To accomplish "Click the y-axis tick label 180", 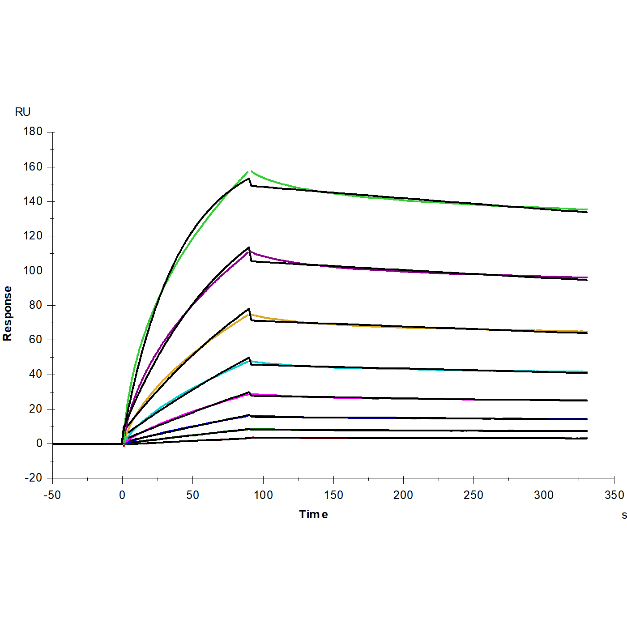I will pos(33,132).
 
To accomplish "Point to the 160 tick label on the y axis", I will pos(33,166).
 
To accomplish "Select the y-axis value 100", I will pos(33,270).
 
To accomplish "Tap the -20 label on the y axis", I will pos(33,478).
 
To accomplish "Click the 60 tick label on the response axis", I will pos(35,340).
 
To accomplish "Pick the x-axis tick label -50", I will pos(52,495).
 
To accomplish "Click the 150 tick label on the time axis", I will pos(333,495).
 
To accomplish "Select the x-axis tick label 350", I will pos(614,495).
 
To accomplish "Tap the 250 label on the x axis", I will pos(473,495).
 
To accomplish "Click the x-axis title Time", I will pos(313,515).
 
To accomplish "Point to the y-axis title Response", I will pos(8,313).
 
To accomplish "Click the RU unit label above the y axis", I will pos(23,112).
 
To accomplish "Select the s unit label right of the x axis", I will pos(624,516).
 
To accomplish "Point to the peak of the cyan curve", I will pos(251,361).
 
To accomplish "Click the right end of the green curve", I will pos(587,209).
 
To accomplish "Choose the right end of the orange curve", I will pos(587,332).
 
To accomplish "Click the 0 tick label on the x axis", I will pos(122,495).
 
